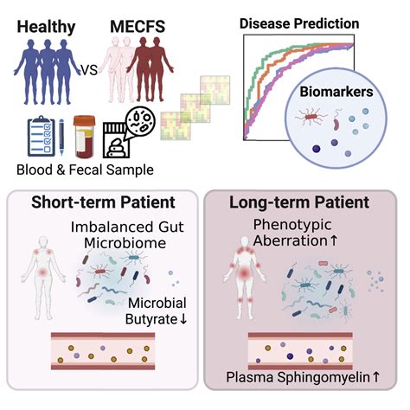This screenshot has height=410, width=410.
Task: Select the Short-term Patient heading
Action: pyautogui.click(x=102, y=203)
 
